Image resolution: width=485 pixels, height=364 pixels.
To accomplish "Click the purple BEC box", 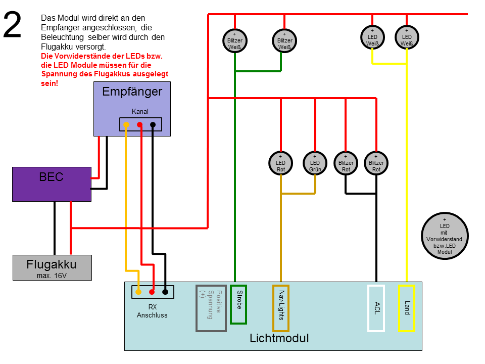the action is click(x=52, y=184).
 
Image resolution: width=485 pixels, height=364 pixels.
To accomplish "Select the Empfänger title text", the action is click(x=132, y=92).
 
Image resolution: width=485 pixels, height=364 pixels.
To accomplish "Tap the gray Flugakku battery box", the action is click(x=52, y=268).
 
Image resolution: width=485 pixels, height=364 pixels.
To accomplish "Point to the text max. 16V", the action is click(x=52, y=276).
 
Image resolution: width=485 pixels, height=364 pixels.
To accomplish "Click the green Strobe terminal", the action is click(x=238, y=304).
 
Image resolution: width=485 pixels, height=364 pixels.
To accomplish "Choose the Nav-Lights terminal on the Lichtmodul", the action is click(x=281, y=308).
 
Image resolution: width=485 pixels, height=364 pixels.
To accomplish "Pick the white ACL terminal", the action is click(x=376, y=308).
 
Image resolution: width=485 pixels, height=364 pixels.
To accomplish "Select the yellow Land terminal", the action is click(x=407, y=308).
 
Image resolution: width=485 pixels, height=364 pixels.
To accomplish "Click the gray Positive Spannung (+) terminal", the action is click(x=211, y=308).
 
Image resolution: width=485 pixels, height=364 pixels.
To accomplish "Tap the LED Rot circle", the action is click(x=281, y=163).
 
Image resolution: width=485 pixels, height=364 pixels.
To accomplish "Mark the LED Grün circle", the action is click(x=315, y=163).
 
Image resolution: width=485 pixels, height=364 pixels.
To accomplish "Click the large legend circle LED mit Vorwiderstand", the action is click(x=445, y=236).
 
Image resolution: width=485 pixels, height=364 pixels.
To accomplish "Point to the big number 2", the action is click(x=12, y=25).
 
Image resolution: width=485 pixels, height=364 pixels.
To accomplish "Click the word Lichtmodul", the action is click(x=279, y=338).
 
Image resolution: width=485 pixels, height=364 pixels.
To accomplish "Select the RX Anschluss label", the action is click(x=152, y=311).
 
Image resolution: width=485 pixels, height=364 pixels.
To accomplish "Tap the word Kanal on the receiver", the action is click(x=140, y=111).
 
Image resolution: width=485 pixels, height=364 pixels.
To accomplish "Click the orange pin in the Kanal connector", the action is click(x=126, y=125).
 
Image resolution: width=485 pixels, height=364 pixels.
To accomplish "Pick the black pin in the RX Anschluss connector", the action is click(x=165, y=292).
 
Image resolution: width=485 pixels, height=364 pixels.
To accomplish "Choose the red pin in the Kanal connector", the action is click(x=140, y=125).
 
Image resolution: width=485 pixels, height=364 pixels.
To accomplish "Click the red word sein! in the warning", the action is click(x=50, y=83).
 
